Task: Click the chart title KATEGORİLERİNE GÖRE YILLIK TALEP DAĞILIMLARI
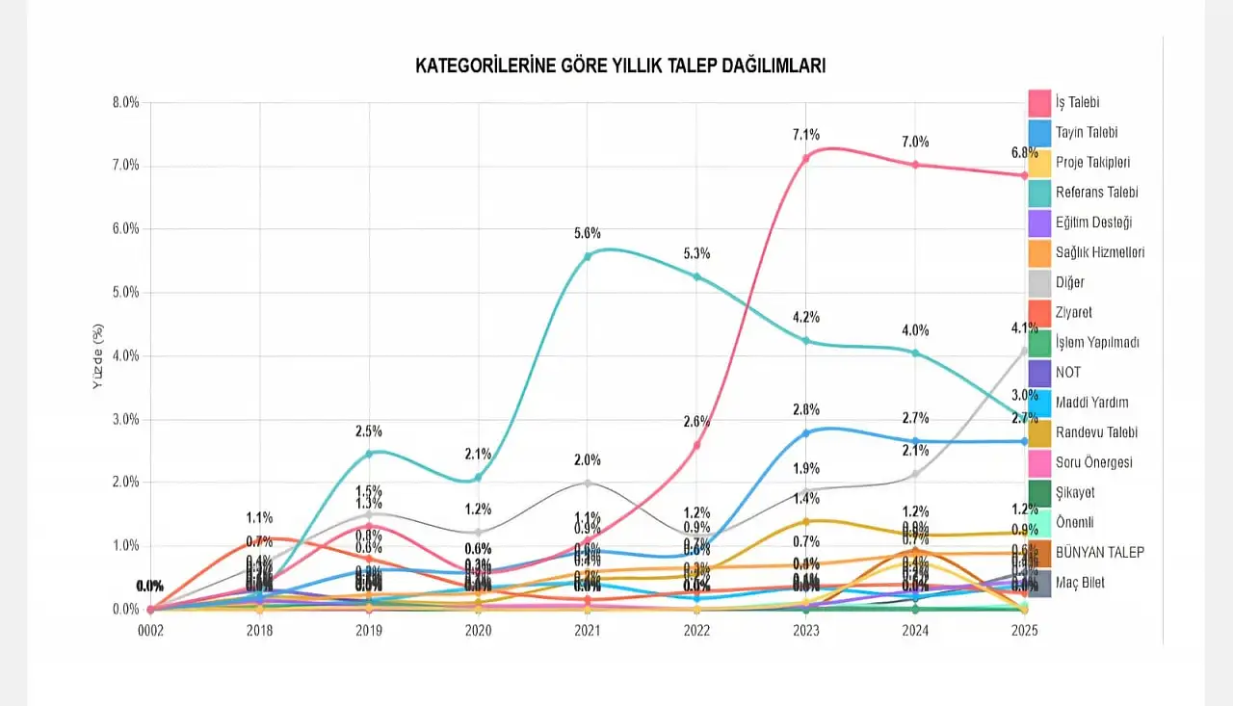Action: (x=619, y=65)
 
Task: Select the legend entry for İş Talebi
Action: (x=1077, y=102)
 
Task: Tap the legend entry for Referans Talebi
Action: (x=1096, y=192)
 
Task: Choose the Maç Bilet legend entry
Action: (x=1080, y=583)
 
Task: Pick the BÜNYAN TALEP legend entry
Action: (x=1100, y=553)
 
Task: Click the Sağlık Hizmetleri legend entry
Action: (x=1100, y=252)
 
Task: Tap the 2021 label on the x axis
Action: (x=587, y=630)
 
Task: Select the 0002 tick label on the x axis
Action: (x=149, y=630)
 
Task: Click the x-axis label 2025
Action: (x=1024, y=630)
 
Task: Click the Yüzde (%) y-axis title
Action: (x=98, y=355)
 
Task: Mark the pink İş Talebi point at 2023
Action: (x=805, y=158)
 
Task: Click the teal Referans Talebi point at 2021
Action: (x=587, y=256)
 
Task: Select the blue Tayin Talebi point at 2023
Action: (x=805, y=432)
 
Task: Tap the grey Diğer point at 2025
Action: (x=1024, y=351)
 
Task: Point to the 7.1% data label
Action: (x=805, y=135)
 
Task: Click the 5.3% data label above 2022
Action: (x=696, y=253)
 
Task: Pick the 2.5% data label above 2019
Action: (x=369, y=431)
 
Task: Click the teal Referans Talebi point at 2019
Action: (x=369, y=453)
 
